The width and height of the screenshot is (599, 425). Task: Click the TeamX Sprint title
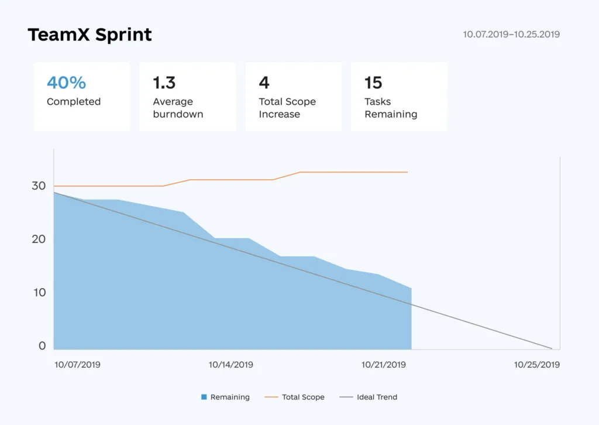89,35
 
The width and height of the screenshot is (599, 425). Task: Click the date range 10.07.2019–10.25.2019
511,35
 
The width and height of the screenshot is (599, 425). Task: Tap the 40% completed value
67,83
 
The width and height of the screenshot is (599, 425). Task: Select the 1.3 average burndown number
164,83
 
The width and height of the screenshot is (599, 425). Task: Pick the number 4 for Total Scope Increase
264,83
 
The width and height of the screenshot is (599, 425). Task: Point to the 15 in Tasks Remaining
373,83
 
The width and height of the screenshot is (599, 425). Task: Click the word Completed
74,102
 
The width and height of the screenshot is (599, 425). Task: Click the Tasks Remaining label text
391,108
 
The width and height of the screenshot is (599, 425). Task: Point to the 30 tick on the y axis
39,186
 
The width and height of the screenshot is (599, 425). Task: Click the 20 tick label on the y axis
39,239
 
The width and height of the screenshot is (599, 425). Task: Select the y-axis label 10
40,292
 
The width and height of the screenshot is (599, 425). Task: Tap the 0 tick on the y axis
42,345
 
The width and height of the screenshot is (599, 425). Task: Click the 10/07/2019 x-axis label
78,365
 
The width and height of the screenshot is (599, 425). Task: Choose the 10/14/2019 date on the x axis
230,365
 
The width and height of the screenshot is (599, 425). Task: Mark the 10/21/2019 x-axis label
384,365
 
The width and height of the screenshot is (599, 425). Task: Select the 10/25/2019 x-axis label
537,365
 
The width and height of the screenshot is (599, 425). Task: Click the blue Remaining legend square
204,397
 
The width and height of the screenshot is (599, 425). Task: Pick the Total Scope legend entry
295,397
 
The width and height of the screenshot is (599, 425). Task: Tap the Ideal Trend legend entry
369,397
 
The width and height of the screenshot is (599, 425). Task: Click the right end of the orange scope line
408,172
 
